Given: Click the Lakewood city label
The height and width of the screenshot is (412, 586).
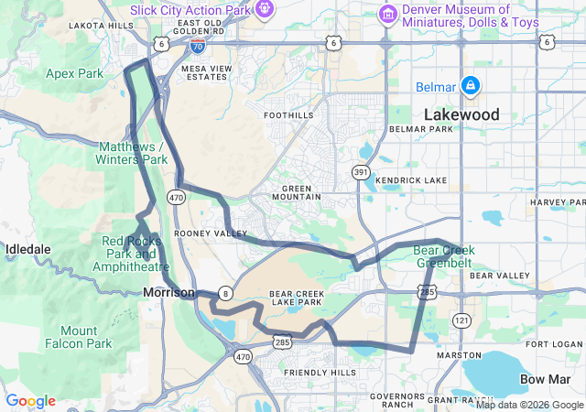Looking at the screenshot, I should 461,114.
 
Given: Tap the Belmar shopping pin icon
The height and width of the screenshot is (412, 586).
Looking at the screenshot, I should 470,85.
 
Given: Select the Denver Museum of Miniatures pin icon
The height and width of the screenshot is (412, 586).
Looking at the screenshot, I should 386,14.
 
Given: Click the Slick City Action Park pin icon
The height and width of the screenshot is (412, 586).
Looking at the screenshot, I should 265,9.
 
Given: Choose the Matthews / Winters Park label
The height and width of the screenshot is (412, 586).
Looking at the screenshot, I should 133,153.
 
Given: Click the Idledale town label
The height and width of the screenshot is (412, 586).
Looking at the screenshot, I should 28,249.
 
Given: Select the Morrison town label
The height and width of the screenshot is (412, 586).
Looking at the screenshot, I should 168,292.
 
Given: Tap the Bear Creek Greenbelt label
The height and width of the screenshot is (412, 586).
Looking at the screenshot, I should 443,255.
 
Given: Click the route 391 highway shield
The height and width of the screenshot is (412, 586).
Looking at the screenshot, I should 361,171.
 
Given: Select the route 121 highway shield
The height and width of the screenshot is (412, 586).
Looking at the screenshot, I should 461,320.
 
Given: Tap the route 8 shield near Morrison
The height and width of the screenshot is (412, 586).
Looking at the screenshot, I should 225,293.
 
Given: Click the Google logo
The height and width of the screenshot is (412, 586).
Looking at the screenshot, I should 30,401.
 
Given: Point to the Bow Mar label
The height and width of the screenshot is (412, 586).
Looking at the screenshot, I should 544,378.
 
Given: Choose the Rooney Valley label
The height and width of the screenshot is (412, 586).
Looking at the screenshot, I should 217,233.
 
